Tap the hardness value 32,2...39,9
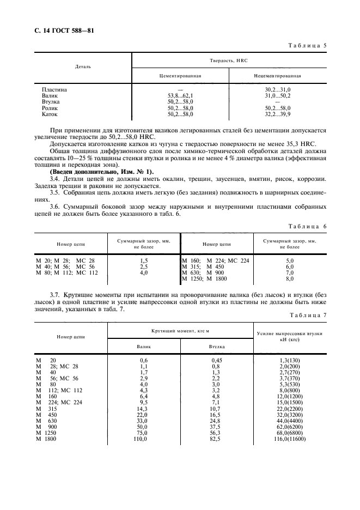tap(278, 114)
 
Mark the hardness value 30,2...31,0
tap(278, 89)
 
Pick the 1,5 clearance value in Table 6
tap(144, 261)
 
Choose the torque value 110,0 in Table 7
tap(144, 439)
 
